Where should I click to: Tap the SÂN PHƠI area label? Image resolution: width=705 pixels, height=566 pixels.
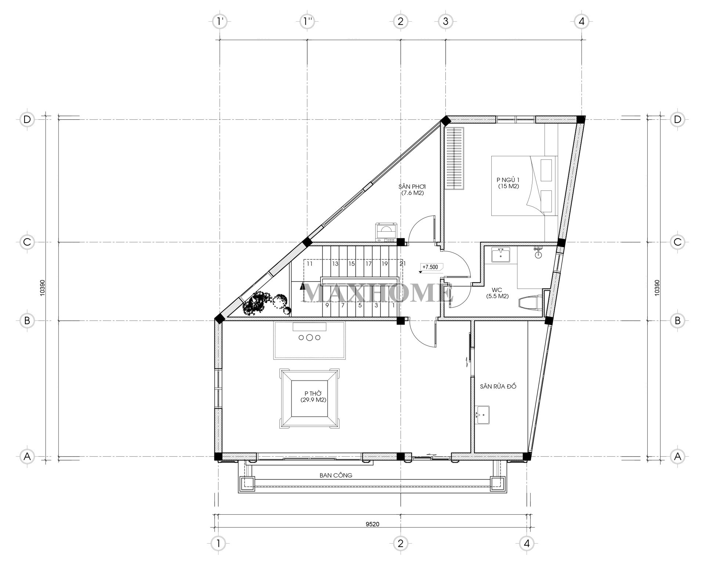point(413,189)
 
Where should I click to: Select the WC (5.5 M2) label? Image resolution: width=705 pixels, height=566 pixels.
point(497,293)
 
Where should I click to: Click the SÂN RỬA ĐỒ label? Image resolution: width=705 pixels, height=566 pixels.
point(498,387)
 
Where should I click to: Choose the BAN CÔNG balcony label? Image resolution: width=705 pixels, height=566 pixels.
point(336,475)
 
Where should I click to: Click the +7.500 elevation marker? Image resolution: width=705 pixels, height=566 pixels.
point(430,267)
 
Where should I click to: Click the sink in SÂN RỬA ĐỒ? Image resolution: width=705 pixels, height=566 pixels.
point(482,415)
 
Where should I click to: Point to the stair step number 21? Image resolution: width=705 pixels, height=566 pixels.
point(402,264)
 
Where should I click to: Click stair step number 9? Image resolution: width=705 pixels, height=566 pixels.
point(326,305)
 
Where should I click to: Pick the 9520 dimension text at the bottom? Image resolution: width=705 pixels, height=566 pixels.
point(372,524)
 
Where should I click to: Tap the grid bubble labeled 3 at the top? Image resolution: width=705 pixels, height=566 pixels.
point(445,21)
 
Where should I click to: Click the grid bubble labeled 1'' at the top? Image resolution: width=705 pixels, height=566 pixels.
point(307,21)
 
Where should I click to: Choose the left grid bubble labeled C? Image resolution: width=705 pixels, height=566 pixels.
point(27,242)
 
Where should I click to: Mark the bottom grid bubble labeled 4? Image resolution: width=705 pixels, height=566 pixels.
point(527,553)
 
